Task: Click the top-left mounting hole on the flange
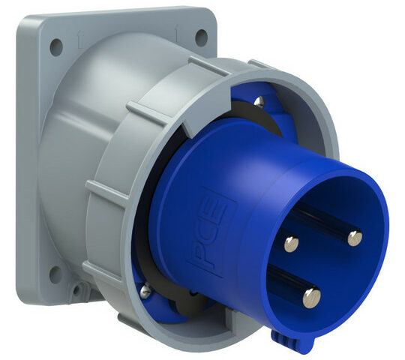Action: [x=56, y=47]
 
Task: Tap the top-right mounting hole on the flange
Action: [x=201, y=37]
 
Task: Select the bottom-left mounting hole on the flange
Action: [x=55, y=274]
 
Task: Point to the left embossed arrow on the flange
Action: [x=80, y=39]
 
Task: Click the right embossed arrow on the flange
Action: [x=177, y=33]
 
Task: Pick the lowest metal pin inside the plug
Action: [x=311, y=298]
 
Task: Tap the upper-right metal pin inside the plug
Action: [x=355, y=238]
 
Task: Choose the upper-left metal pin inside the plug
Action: [x=292, y=244]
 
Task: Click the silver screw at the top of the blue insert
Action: [x=259, y=101]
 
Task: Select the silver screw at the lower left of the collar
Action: [x=145, y=290]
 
